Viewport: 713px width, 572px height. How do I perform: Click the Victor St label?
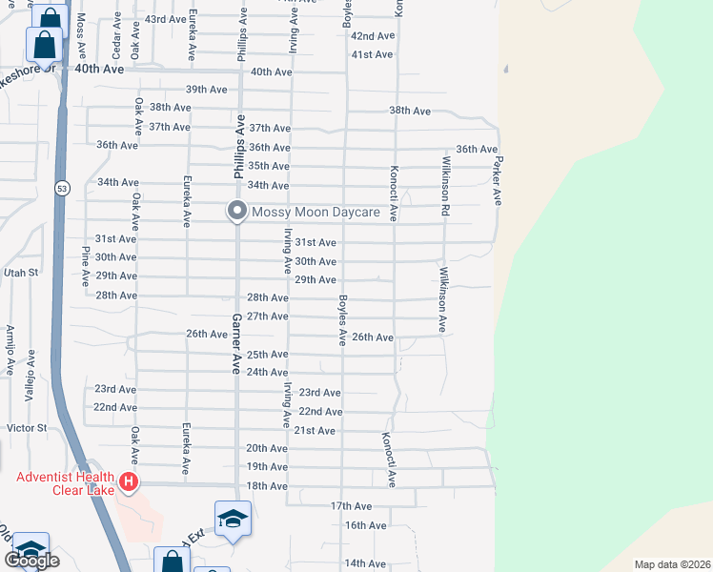27,428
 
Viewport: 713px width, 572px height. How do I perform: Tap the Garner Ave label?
235,343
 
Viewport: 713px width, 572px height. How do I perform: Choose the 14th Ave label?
365,563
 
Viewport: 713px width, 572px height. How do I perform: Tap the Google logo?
31,561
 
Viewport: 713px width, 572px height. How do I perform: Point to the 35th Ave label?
269,166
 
